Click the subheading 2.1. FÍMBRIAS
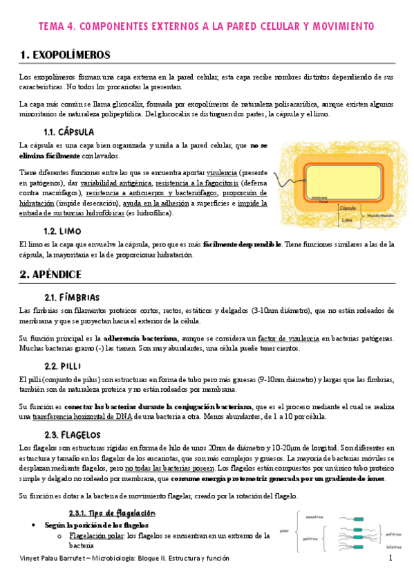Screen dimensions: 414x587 [x=71, y=297]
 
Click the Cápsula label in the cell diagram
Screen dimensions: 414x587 [x=348, y=206]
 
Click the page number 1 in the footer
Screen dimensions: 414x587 [x=391, y=558]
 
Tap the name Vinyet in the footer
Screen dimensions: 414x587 [x=32, y=558]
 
